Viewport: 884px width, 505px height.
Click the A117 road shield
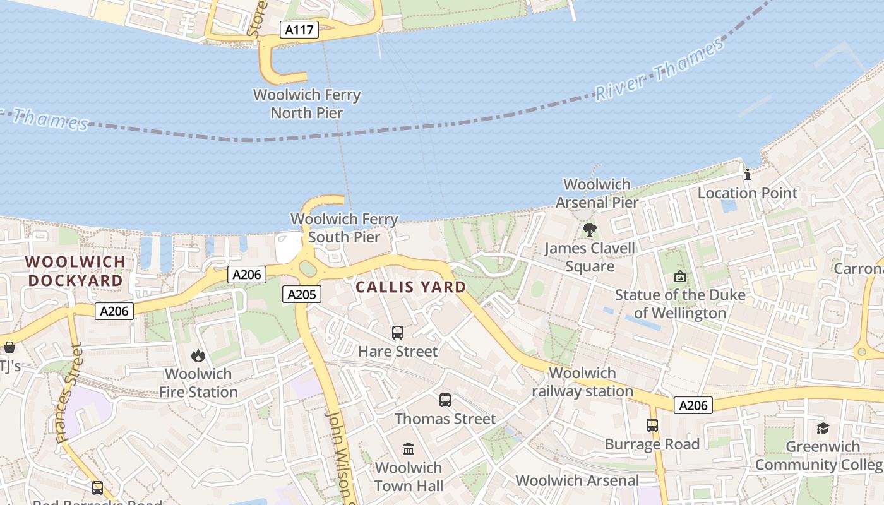[299, 30]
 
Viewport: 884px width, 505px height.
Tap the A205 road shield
[304, 294]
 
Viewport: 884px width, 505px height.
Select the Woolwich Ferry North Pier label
[307, 104]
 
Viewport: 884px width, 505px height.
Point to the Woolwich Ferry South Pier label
[344, 229]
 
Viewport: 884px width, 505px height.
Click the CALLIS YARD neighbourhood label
[410, 287]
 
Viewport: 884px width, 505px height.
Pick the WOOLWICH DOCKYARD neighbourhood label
[75, 271]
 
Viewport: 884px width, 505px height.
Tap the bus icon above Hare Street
[397, 333]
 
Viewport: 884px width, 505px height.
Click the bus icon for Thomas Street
[445, 400]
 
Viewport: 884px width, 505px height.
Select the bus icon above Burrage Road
[652, 425]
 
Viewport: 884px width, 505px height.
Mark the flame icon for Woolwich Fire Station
[198, 355]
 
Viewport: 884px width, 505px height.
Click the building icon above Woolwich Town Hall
[409, 449]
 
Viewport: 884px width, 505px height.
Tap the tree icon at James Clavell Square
[589, 229]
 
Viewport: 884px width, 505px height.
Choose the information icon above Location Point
[748, 174]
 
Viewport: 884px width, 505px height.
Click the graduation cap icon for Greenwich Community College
[822, 428]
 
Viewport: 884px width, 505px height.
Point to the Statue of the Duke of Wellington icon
[680, 276]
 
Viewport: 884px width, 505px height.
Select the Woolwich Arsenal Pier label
[597, 193]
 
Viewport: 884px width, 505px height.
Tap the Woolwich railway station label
[582, 382]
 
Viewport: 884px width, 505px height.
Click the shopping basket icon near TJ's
[9, 347]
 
